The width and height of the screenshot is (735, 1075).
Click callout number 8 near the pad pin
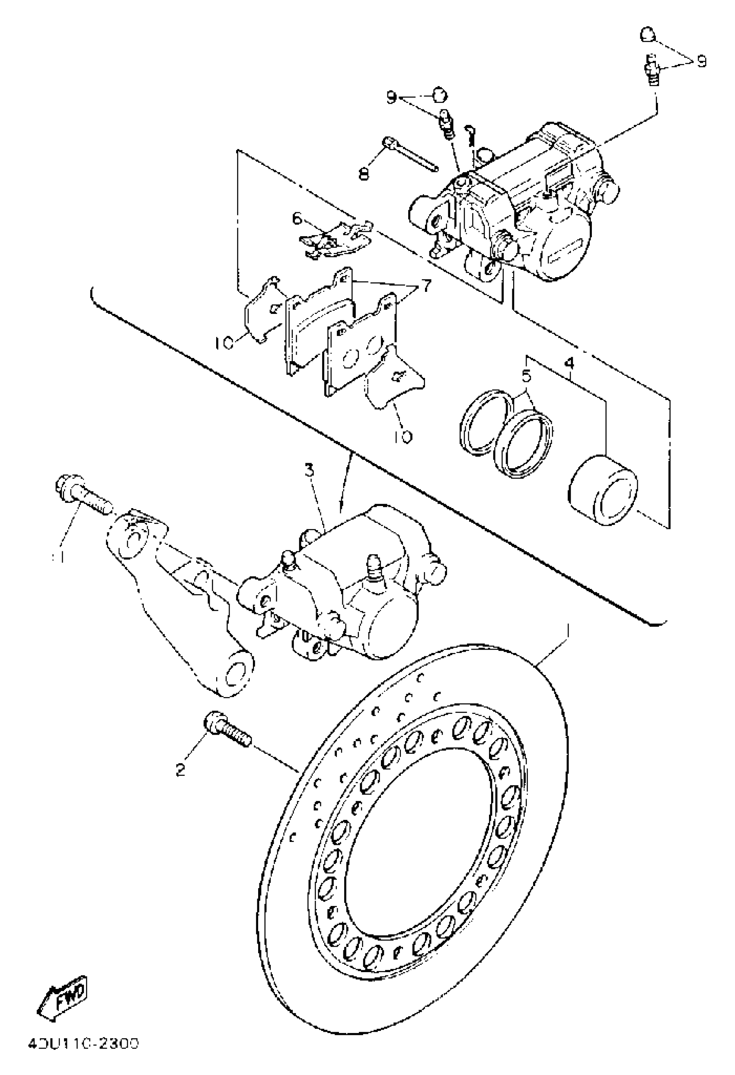(364, 173)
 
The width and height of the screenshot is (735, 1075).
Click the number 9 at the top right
(702, 61)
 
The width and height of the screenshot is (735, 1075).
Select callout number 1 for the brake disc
(567, 632)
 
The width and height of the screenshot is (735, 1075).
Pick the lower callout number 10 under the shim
(404, 436)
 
